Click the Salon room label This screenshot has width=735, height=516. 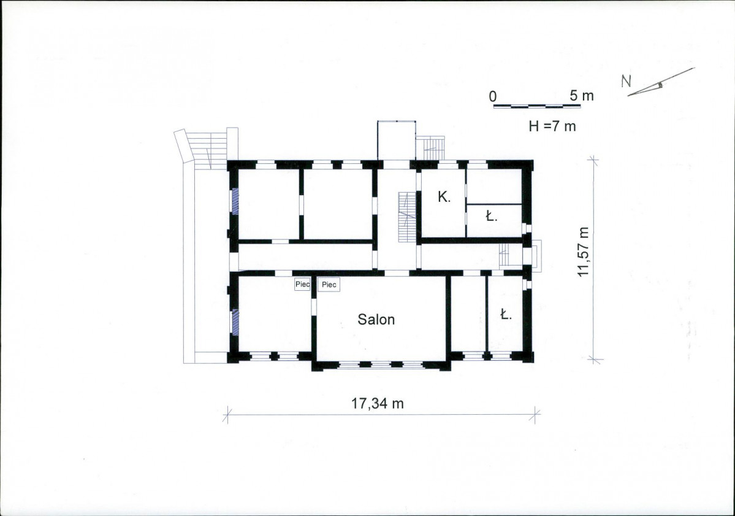tap(376, 320)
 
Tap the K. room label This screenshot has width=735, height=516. tap(444, 197)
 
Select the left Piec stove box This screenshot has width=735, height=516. tap(302, 284)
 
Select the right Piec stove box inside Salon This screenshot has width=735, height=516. tap(329, 285)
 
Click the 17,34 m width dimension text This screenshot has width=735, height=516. tap(378, 403)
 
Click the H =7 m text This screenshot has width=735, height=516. tap(552, 126)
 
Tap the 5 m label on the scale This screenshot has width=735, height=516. tap(582, 96)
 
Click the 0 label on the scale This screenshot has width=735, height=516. tap(493, 96)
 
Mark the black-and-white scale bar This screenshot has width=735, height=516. tap(537, 106)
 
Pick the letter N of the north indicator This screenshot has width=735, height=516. tap(626, 82)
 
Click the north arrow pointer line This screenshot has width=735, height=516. tap(661, 82)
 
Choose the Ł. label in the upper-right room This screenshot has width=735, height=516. tap(491, 216)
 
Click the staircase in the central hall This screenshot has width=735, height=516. tap(407, 217)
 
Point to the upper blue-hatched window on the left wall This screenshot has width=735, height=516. tap(235, 201)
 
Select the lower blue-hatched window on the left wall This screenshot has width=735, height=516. tap(235, 322)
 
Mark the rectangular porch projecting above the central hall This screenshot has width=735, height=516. tap(397, 141)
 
